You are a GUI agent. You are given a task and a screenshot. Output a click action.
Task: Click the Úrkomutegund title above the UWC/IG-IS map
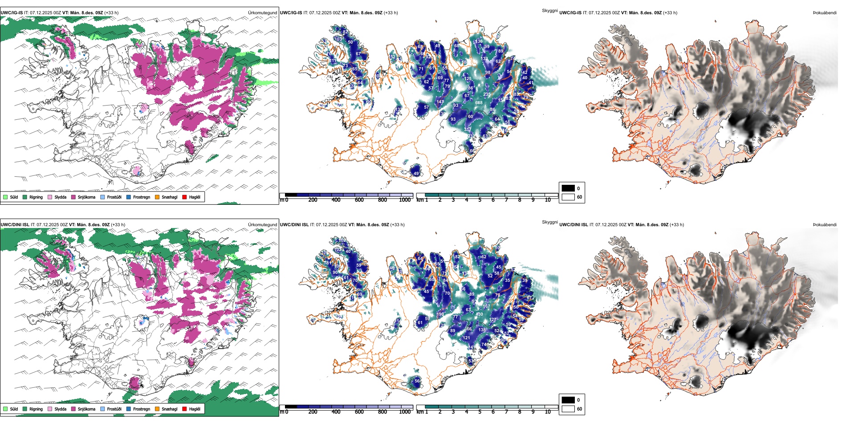[x=262, y=12]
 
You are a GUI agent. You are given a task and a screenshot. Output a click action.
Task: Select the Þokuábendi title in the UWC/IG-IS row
[x=824, y=12]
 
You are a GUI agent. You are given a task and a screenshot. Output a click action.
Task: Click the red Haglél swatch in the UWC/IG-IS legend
[x=184, y=197]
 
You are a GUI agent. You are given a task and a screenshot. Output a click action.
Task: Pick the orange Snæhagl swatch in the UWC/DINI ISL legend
[x=157, y=409]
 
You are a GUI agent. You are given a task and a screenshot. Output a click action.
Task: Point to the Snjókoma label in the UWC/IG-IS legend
[x=86, y=197]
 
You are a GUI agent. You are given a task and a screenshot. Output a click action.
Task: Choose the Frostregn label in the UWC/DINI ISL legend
[x=142, y=409]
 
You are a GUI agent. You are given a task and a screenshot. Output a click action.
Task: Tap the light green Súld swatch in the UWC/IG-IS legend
[x=5, y=197]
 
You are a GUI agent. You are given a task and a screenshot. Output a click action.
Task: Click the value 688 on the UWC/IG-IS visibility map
[x=479, y=103]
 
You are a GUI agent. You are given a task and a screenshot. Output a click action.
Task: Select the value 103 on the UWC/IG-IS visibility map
[x=338, y=39]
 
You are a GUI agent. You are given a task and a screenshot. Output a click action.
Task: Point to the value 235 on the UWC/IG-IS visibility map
[x=487, y=94]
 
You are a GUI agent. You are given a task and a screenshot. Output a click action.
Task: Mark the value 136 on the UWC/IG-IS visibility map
[x=479, y=41]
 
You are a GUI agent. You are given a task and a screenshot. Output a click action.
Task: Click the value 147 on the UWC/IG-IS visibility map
[x=440, y=102]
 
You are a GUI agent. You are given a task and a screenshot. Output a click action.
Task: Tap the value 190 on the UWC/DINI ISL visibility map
[x=440, y=314]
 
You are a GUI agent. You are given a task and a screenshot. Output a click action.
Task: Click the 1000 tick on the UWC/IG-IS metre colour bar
[x=405, y=200]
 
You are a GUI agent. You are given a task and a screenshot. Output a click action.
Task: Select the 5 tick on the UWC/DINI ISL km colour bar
[x=480, y=412]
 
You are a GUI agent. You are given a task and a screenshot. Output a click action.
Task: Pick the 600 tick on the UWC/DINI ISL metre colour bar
[x=359, y=412]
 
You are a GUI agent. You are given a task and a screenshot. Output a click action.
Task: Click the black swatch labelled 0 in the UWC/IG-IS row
[x=568, y=188]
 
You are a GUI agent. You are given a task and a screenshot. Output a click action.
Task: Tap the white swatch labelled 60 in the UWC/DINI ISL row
[x=568, y=409]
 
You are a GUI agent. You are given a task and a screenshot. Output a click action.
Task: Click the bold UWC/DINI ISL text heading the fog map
[x=573, y=225]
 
